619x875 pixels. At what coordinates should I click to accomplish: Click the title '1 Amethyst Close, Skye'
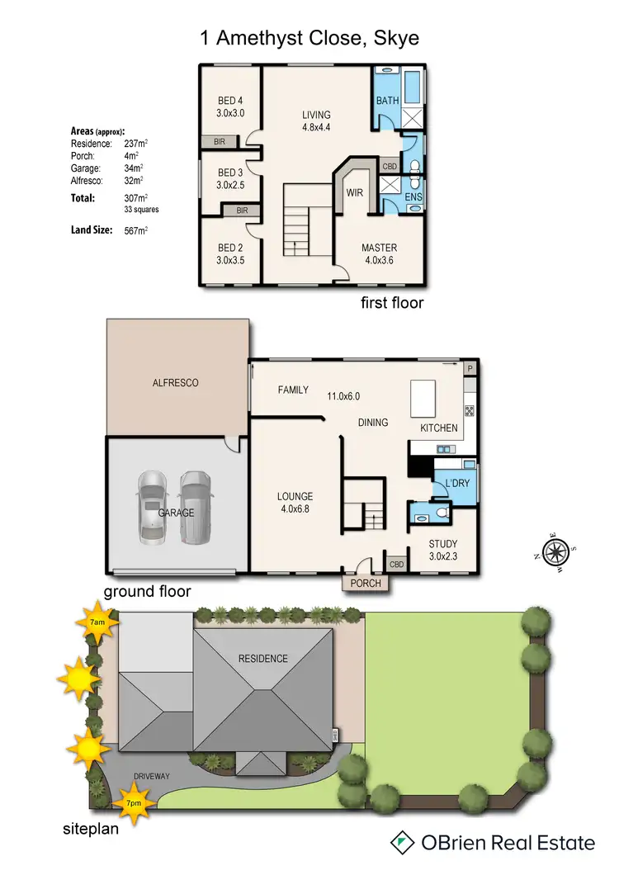click(309, 38)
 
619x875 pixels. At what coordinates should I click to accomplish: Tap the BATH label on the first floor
click(388, 101)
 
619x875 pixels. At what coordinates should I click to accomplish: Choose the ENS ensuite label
click(413, 198)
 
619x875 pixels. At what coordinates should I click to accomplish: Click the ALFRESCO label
click(175, 383)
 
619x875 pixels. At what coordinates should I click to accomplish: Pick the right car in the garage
click(195, 505)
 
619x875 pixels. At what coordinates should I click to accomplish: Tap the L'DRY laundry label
click(457, 482)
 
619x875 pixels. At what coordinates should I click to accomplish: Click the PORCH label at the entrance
click(366, 584)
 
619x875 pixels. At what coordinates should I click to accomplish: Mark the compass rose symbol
click(555, 551)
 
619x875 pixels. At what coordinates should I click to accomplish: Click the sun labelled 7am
click(97, 622)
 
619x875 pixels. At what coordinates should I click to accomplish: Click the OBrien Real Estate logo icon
click(403, 842)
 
